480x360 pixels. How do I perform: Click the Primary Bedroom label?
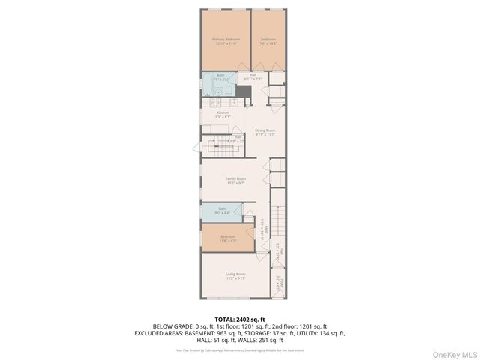226,39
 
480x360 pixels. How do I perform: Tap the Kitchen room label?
223,112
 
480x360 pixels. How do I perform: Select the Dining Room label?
265,130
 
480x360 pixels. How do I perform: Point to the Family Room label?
236,178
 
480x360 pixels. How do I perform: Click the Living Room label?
236,274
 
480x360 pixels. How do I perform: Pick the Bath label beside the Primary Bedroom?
220,75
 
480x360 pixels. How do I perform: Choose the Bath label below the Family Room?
222,208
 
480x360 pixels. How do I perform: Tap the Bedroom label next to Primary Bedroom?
268,39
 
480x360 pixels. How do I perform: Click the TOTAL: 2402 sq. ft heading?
239,319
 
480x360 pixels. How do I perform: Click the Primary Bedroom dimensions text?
226,43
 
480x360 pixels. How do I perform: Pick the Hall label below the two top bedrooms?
253,74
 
